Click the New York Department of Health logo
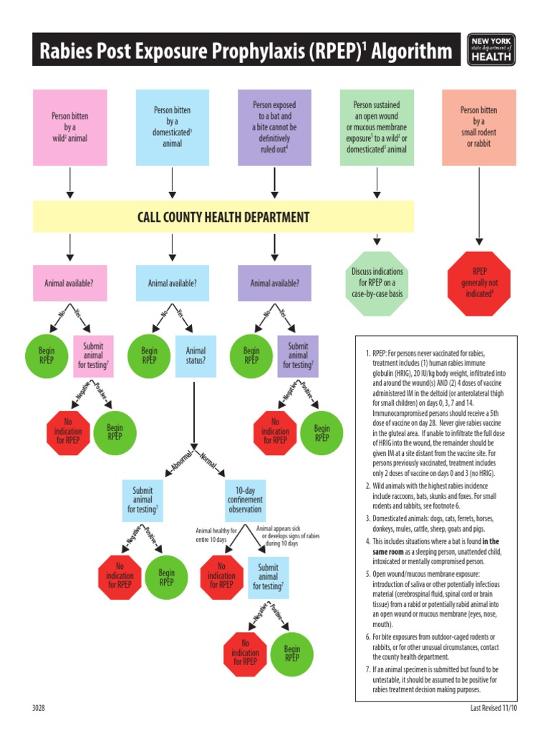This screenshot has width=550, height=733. click(491, 49)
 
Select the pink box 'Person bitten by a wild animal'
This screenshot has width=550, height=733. click(69, 127)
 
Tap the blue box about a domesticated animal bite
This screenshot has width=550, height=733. click(173, 127)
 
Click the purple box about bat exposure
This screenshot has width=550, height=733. click(274, 127)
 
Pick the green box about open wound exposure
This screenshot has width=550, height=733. click(377, 127)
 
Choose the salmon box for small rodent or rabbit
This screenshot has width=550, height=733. click(479, 127)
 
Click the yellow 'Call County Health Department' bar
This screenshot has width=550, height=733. click(223, 217)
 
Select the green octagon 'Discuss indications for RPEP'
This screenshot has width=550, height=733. click(377, 283)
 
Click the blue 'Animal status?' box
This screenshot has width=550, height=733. click(196, 356)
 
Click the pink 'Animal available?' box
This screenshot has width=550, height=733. click(69, 283)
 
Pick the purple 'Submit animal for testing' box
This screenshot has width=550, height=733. click(298, 356)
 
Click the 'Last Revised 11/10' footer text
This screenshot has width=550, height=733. click(489, 708)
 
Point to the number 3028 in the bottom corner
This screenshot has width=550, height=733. click(39, 708)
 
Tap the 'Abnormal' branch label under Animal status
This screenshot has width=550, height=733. click(182, 462)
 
